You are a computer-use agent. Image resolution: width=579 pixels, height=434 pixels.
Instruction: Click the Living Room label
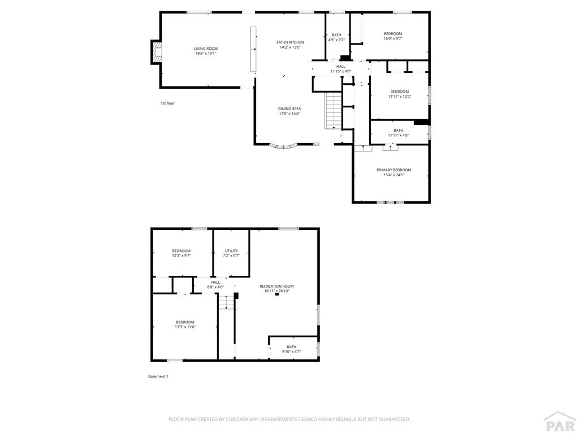(206, 49)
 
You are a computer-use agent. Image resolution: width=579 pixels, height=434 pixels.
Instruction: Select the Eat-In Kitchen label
(290, 42)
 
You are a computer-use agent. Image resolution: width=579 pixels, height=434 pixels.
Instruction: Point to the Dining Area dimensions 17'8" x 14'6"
(289, 114)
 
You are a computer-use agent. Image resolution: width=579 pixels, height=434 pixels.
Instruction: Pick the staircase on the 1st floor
(334, 110)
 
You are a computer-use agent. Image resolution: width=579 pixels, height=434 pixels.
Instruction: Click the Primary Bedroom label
(394, 170)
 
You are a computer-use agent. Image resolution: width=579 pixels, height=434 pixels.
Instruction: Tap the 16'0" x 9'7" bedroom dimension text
(392, 39)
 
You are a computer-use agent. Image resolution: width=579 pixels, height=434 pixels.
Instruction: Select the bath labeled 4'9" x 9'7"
(336, 37)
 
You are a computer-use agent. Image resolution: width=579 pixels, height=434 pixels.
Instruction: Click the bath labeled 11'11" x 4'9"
(399, 133)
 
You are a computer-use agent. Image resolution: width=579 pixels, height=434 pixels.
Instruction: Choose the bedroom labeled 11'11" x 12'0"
(399, 94)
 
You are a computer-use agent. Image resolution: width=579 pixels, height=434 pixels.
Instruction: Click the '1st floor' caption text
(168, 103)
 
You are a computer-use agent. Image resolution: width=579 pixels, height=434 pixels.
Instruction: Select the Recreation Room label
(276, 287)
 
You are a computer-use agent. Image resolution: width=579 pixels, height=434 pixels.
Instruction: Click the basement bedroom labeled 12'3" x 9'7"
(182, 253)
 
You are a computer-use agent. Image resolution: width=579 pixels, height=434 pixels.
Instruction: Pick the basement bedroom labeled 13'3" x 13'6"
(185, 324)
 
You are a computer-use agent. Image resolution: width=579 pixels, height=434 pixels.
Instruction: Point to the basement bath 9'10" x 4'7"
(291, 349)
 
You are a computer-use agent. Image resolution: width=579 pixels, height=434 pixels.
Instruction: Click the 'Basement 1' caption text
(158, 376)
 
